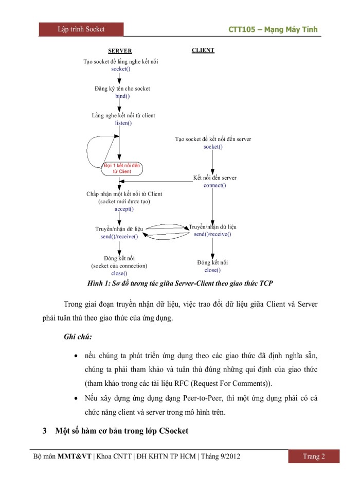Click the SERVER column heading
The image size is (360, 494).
[119, 51]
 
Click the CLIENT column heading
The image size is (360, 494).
[203, 50]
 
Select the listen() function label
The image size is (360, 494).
[123, 122]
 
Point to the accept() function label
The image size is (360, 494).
[124, 208]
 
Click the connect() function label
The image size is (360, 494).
[214, 185]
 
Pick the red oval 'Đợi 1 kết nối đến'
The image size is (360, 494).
[122, 168]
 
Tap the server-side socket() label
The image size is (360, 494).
[121, 68]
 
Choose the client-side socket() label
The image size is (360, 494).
[213, 147]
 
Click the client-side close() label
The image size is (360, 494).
[212, 270]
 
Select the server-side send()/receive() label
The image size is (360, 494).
[119, 237]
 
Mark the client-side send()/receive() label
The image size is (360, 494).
[212, 234]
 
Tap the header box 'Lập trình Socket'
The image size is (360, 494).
[81, 29]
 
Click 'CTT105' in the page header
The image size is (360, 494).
[245, 29]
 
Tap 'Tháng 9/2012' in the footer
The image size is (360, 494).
[220, 456]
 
